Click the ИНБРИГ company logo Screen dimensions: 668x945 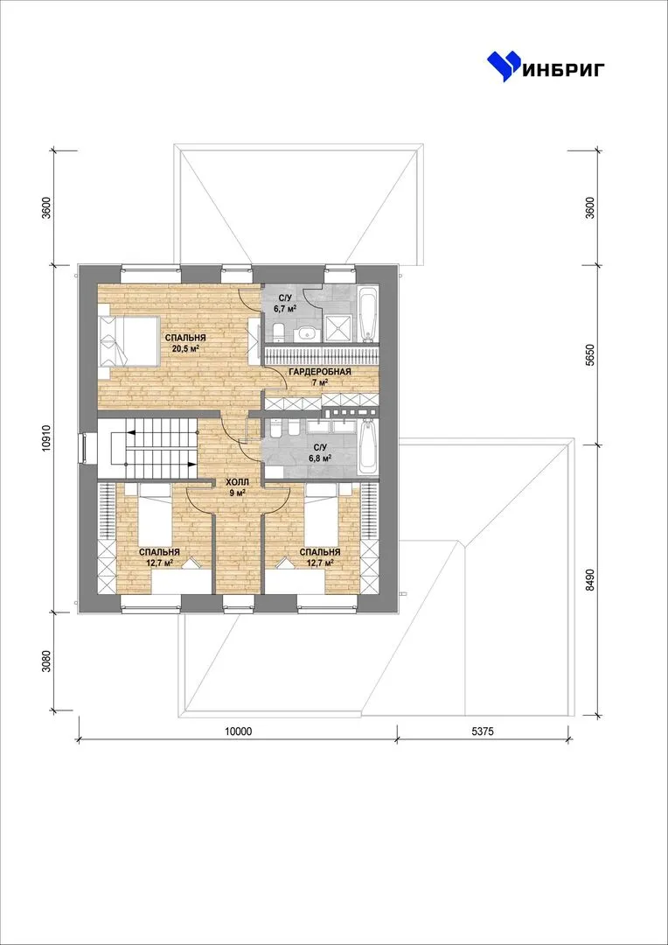(x=546, y=66)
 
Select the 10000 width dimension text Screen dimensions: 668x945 (x=239, y=731)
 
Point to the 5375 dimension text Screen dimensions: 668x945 (x=483, y=731)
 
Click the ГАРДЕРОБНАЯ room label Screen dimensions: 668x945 (x=319, y=372)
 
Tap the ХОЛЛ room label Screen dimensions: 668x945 (x=236, y=482)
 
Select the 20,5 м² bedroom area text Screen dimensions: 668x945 (x=186, y=348)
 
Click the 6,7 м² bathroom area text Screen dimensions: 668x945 (x=286, y=307)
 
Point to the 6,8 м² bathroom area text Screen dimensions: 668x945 (x=318, y=458)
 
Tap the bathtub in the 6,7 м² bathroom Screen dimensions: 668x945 (x=367, y=314)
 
